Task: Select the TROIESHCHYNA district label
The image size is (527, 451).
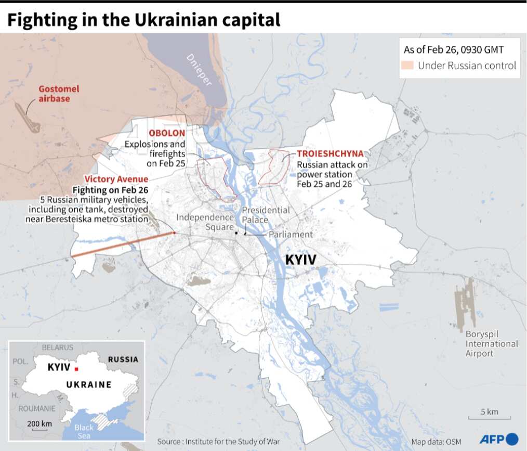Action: (x=330, y=153)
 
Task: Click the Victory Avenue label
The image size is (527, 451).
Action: (x=116, y=179)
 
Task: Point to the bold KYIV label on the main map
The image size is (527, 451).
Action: (x=301, y=260)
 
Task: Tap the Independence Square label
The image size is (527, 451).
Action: (x=205, y=222)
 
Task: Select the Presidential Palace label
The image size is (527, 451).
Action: (x=266, y=215)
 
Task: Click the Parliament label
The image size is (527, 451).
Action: (x=291, y=234)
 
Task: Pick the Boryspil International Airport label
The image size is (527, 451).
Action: (x=491, y=343)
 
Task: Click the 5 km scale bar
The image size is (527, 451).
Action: (x=489, y=417)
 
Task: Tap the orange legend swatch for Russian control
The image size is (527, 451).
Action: (x=408, y=66)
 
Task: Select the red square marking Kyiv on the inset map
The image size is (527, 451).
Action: (x=76, y=369)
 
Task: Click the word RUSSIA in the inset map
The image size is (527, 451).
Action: (x=123, y=359)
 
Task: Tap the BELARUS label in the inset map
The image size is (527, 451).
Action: (x=58, y=347)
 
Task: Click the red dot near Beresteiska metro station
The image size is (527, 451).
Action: (x=174, y=233)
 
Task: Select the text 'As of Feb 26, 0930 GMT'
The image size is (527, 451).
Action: (x=453, y=50)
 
